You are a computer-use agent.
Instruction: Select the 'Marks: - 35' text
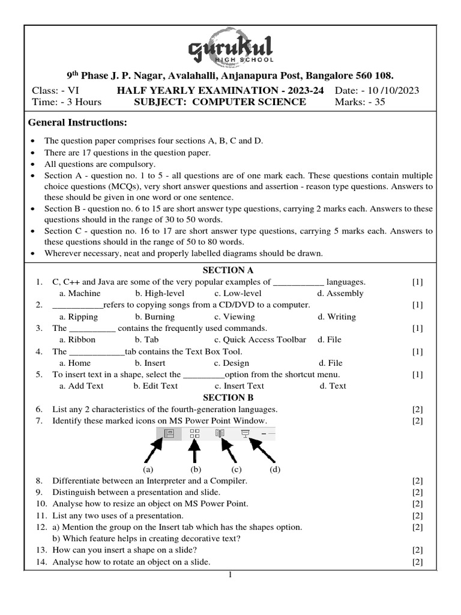360,102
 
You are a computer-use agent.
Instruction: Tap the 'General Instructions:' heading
78,123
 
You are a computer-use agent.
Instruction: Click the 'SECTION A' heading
228,270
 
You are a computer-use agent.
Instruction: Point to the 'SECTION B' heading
228,398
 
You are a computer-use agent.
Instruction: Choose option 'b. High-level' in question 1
159,294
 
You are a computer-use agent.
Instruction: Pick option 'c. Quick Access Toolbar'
260,340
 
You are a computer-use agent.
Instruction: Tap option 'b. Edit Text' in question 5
155,386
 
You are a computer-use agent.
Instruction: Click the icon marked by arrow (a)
169,433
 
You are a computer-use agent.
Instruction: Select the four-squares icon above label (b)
194,433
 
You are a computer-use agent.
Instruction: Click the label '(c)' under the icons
236,469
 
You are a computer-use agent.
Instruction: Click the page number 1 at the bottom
229,575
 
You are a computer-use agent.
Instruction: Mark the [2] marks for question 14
418,562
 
